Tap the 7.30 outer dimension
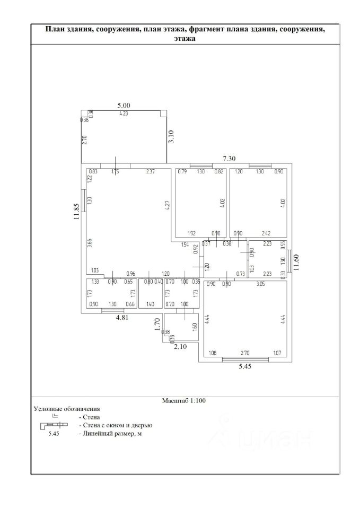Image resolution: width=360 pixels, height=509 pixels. (x=229, y=158)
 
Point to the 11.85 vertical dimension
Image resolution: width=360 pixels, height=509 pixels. (x=77, y=212)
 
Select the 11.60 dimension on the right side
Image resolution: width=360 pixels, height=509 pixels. (x=297, y=262)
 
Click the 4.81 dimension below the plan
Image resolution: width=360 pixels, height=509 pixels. (x=123, y=318)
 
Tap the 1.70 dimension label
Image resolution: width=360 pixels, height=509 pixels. (x=157, y=324)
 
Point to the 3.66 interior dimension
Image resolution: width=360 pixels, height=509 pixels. (x=90, y=243)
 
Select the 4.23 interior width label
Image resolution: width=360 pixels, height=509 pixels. (x=124, y=113)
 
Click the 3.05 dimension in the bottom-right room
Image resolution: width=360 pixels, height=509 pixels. (x=261, y=284)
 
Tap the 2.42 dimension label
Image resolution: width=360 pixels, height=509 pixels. (x=266, y=233)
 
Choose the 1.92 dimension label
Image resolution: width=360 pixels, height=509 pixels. (x=192, y=233)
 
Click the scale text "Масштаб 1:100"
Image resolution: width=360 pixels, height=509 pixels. (x=183, y=401)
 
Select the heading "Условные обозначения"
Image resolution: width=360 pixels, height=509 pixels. (x=67, y=409)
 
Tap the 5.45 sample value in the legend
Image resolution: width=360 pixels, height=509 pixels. (x=54, y=434)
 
